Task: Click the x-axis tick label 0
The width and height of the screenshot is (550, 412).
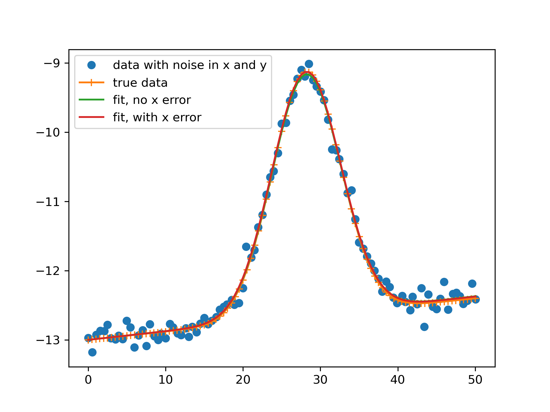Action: [x=88, y=380]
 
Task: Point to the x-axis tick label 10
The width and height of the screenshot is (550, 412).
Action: [x=166, y=380]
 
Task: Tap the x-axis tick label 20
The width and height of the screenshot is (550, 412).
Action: [x=243, y=380]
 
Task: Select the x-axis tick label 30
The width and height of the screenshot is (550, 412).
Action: [x=320, y=380]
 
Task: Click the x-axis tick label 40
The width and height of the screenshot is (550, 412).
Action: [x=398, y=380]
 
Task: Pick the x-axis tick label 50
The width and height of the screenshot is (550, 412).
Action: [x=475, y=380]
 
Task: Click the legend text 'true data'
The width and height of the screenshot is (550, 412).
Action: [x=140, y=83]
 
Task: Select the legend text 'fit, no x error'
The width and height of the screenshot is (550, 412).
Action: [x=152, y=100]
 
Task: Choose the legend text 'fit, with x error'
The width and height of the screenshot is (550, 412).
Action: [x=157, y=117]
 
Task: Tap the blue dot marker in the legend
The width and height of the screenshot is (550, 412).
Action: [x=91, y=65]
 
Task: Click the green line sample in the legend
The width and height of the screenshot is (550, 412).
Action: [x=91, y=100]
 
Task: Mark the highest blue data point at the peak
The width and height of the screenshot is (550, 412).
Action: [x=309, y=64]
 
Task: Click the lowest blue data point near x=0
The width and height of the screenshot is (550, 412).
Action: [x=92, y=352]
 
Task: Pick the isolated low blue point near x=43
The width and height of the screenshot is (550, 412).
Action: [x=424, y=327]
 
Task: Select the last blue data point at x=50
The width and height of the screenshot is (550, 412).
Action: [x=476, y=300]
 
